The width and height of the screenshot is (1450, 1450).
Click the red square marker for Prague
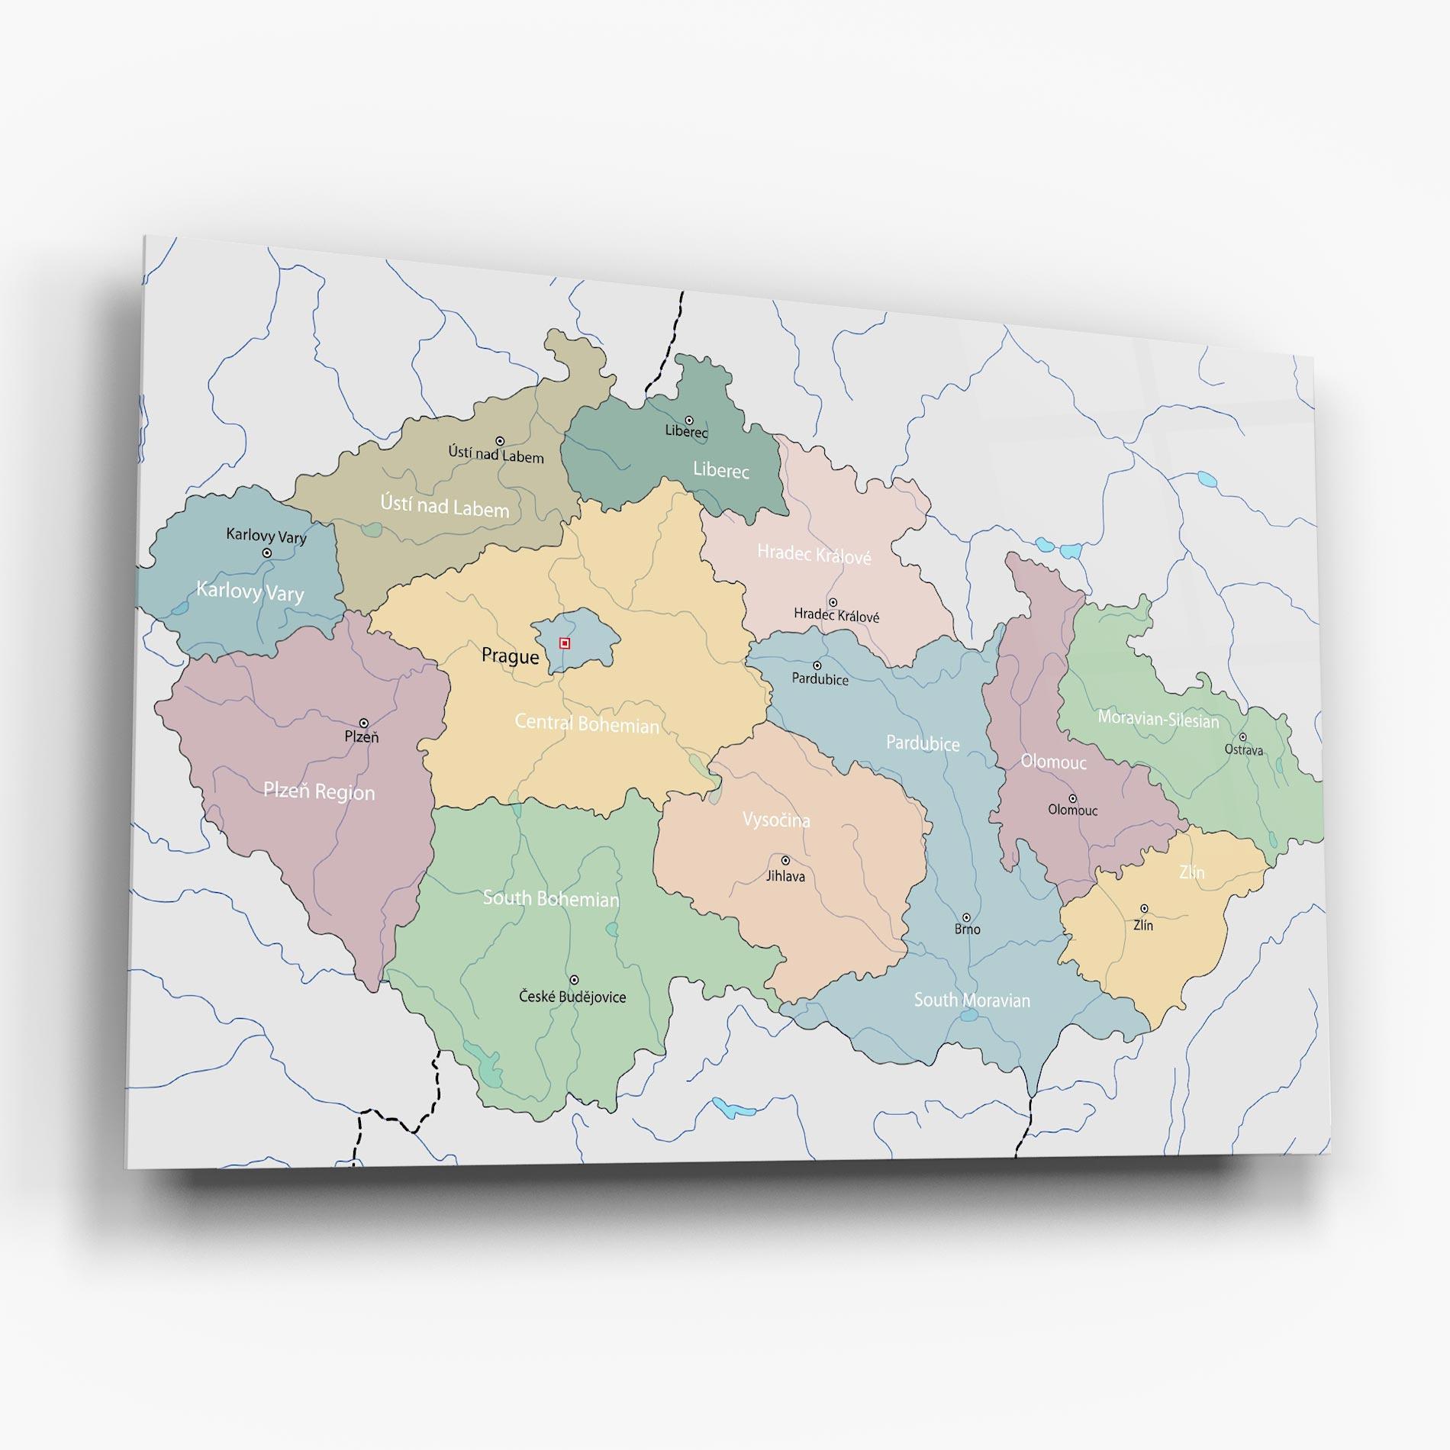pos(565,643)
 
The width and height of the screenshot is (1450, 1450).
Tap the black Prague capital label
pos(510,656)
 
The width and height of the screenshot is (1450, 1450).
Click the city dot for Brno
pos(966,917)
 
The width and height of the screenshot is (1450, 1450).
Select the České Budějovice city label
pos(572,997)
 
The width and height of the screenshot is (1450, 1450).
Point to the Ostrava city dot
pos(1242,737)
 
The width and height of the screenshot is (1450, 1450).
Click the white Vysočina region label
pos(776,820)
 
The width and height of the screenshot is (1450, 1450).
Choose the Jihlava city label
pos(785,876)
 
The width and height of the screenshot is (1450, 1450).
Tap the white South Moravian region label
pos(971,1000)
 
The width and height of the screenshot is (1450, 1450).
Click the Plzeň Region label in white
pos(319,791)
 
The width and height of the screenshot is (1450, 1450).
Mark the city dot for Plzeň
pos(364,723)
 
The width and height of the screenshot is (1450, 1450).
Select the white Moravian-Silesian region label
pos(1158,719)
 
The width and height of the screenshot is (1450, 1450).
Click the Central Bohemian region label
pos(586,723)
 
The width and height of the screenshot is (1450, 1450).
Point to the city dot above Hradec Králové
pos(833,603)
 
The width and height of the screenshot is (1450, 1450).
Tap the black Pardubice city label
pos(820,679)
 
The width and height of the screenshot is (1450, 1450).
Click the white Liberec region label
pos(720,470)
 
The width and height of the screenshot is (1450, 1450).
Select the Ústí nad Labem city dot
pos(500,441)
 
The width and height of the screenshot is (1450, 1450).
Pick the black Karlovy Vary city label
pos(266,536)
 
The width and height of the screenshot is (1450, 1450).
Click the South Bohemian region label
pos(550,898)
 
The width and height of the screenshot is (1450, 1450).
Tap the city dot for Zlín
pos(1144,908)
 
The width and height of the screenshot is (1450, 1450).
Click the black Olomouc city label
pos(1072,810)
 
